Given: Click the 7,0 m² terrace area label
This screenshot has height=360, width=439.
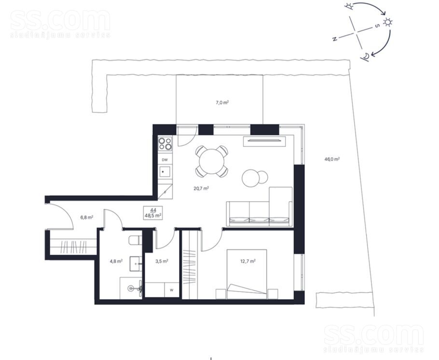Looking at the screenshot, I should [221, 102].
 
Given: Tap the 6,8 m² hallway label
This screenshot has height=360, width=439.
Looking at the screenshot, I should [87, 217].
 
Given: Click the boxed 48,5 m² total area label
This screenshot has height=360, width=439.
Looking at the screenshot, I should [152, 213].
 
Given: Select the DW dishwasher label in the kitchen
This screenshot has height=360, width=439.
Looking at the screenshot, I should [165, 160].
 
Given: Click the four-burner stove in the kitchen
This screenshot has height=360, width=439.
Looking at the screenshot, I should [165, 144].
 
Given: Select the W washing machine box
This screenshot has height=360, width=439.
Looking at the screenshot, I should [171, 290].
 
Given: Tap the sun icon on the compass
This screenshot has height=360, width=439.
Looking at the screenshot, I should [388, 22].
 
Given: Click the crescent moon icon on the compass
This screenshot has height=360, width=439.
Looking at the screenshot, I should [367, 57].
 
